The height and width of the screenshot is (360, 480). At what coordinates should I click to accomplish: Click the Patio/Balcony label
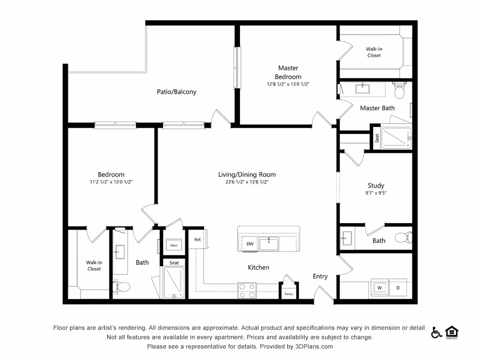176,92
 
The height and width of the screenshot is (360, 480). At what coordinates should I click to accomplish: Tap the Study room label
376,186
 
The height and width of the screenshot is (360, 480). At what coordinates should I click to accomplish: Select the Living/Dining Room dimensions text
247,182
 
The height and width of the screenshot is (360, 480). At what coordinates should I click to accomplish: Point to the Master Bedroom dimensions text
288,84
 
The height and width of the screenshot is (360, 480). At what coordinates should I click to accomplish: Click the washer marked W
380,288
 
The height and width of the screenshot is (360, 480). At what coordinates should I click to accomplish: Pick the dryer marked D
398,288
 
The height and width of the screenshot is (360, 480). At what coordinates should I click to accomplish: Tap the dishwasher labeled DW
250,244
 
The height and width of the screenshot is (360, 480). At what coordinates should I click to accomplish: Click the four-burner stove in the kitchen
247,290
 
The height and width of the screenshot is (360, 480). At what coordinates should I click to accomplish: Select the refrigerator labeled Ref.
198,239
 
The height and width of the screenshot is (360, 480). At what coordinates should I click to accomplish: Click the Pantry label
289,294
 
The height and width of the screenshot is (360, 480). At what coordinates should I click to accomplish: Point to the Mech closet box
174,244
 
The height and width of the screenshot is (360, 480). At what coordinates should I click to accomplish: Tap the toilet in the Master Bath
400,90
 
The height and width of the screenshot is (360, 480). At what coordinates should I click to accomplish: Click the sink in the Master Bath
362,88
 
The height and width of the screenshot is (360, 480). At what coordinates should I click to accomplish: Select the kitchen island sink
269,244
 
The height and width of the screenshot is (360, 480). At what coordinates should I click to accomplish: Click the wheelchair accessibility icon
436,332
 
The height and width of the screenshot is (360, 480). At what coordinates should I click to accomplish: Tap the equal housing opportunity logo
452,332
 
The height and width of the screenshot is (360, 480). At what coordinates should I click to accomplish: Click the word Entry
320,276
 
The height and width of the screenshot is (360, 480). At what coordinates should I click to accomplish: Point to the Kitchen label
258,267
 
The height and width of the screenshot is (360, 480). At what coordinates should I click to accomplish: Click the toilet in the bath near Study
404,238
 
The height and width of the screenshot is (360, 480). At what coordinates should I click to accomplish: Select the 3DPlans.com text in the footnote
314,346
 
